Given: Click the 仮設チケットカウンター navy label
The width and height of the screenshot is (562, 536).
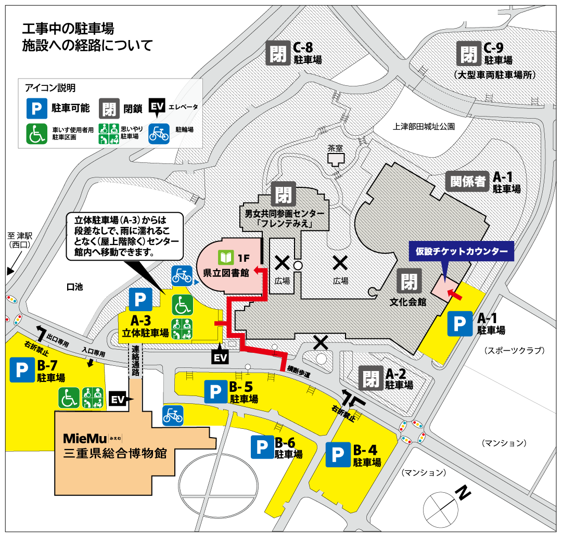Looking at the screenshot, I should (x=462, y=251).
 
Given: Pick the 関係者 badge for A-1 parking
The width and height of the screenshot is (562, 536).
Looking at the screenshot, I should (x=468, y=181).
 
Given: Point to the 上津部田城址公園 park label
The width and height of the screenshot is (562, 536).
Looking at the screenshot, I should (x=424, y=126).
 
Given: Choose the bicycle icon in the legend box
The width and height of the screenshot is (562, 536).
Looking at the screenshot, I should (x=159, y=133).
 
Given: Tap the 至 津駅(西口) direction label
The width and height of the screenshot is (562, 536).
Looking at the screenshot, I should (x=20, y=240).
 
